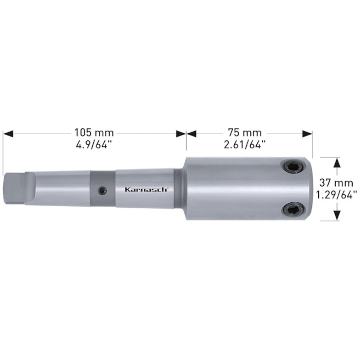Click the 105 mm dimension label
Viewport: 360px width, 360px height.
tap(94, 132)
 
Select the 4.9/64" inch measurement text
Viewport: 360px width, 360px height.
tap(94, 145)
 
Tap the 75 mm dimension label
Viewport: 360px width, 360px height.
tap(244, 132)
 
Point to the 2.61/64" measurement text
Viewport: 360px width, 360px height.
tap(245, 145)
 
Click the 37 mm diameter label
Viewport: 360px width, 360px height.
tap(336, 183)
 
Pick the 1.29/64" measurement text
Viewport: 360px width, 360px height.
tap(337, 195)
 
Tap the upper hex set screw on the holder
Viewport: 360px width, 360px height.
tap(293, 166)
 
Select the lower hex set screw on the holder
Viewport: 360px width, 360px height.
tap(293, 208)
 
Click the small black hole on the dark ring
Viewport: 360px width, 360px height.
tap(102, 190)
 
